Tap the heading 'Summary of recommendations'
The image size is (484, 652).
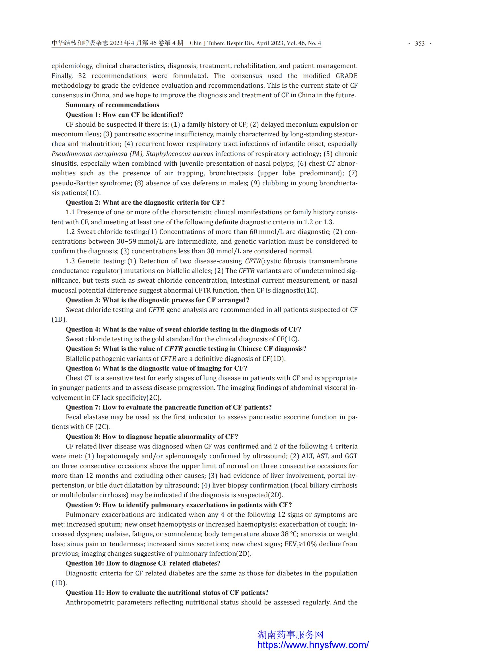pos(112,105)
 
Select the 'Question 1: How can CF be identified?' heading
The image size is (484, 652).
pos(124,115)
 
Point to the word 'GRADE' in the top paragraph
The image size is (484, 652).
pos(346,76)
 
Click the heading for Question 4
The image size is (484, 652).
pos(184,329)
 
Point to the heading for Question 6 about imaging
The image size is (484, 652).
pos(156,368)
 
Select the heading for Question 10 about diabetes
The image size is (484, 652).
pos(143,563)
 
